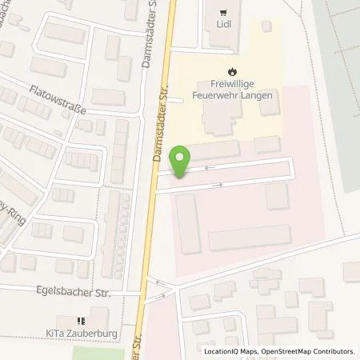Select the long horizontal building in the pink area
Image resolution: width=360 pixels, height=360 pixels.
tap(249, 238)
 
